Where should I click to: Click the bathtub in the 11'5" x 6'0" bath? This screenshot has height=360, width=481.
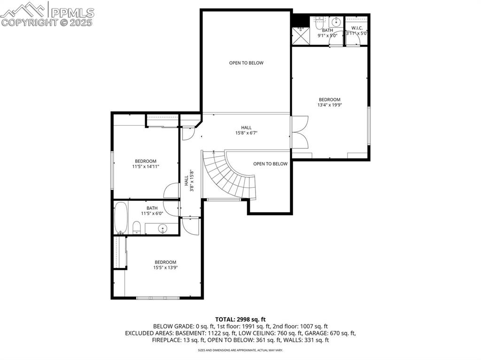pyautogui.click(x=121, y=218)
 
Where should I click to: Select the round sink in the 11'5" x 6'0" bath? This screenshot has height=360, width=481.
pyautogui.click(x=163, y=230)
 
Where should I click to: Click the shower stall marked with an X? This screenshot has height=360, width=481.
pyautogui.click(x=299, y=36)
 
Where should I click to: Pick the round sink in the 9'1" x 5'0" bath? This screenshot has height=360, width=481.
pyautogui.click(x=336, y=22)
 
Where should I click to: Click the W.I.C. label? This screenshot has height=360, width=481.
pyautogui.click(x=357, y=28)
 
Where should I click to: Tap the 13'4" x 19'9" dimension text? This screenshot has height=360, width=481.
pyautogui.click(x=329, y=105)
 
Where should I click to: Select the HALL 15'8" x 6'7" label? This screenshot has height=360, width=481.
pyautogui.click(x=246, y=130)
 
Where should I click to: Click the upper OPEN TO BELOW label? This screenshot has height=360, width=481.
pyautogui.click(x=246, y=63)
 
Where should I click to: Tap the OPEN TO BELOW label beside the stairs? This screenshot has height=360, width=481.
pyautogui.click(x=270, y=164)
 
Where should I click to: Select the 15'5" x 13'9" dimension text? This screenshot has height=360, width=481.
pyautogui.click(x=165, y=268)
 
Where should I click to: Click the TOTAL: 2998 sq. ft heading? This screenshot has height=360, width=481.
pyautogui.click(x=240, y=319)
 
